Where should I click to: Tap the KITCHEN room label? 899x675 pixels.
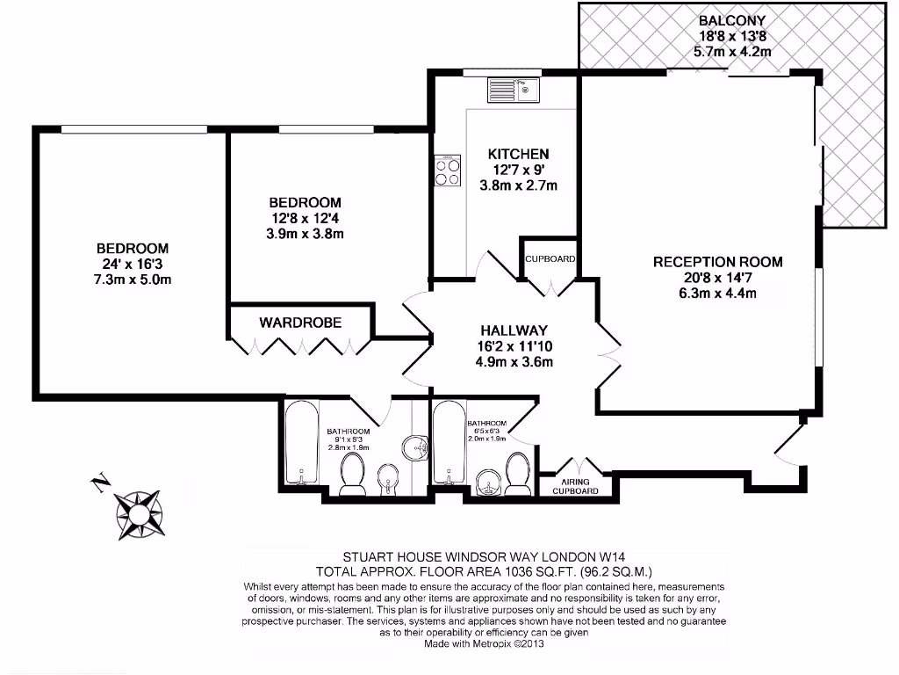pos(518,154)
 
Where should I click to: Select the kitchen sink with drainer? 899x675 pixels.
pos(514,89)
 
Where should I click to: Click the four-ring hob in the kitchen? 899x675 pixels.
pos(447,170)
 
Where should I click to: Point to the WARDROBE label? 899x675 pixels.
pos(300,323)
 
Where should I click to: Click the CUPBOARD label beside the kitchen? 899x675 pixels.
pos(550,259)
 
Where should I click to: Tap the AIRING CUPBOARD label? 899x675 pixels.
pos(575,486)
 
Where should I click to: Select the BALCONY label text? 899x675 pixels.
pos(732,20)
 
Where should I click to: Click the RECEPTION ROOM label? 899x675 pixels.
pos(717,261)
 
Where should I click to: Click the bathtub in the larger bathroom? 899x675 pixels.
pos(301,444)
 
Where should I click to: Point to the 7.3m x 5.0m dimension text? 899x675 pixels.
pos(132,279)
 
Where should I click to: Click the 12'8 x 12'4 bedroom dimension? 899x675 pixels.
pos(305,218)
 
